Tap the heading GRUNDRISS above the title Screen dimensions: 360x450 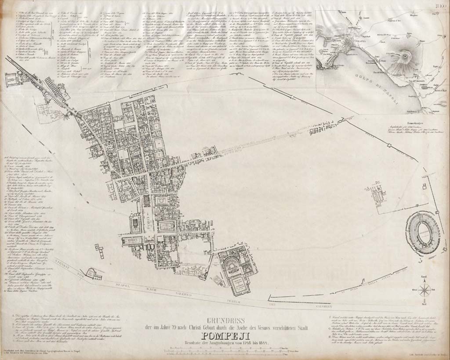tap(225, 320)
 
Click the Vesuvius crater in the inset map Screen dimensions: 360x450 tap(402, 57)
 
